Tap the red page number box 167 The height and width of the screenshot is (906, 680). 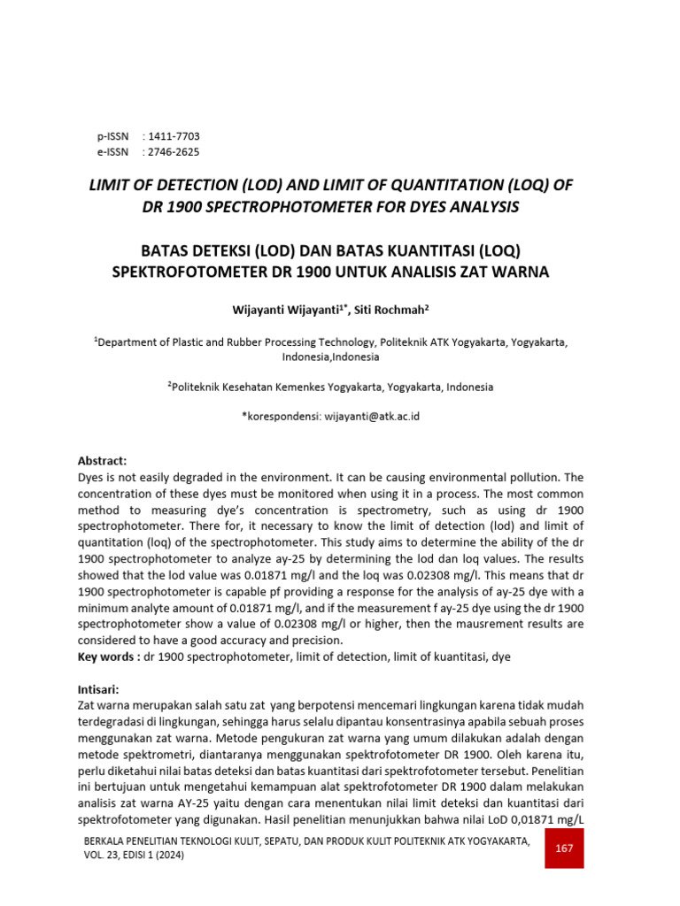point(564,848)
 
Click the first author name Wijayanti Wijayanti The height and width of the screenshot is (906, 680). point(287,309)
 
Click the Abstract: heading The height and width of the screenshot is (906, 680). point(103,461)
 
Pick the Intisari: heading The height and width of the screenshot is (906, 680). point(99,688)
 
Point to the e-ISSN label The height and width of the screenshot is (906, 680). point(112,152)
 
